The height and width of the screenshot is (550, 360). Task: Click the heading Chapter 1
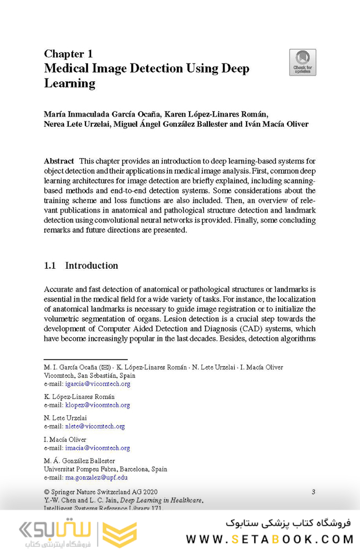68,54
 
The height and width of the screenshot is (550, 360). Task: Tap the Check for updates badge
303,62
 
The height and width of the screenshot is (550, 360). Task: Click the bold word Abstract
59,161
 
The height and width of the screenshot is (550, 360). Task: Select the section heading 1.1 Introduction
81,266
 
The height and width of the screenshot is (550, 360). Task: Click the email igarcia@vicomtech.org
97,384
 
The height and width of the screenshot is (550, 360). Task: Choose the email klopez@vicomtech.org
97,405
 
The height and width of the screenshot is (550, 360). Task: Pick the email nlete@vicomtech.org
95,426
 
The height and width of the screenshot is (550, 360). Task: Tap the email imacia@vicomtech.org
97,448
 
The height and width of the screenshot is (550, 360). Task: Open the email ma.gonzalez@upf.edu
96,477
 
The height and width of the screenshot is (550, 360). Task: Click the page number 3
313,491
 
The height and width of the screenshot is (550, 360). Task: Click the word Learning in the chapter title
69,83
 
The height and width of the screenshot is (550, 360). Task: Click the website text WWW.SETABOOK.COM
268,538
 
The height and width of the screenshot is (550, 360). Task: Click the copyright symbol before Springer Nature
47,491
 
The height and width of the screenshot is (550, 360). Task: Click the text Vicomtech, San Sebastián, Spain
89,376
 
